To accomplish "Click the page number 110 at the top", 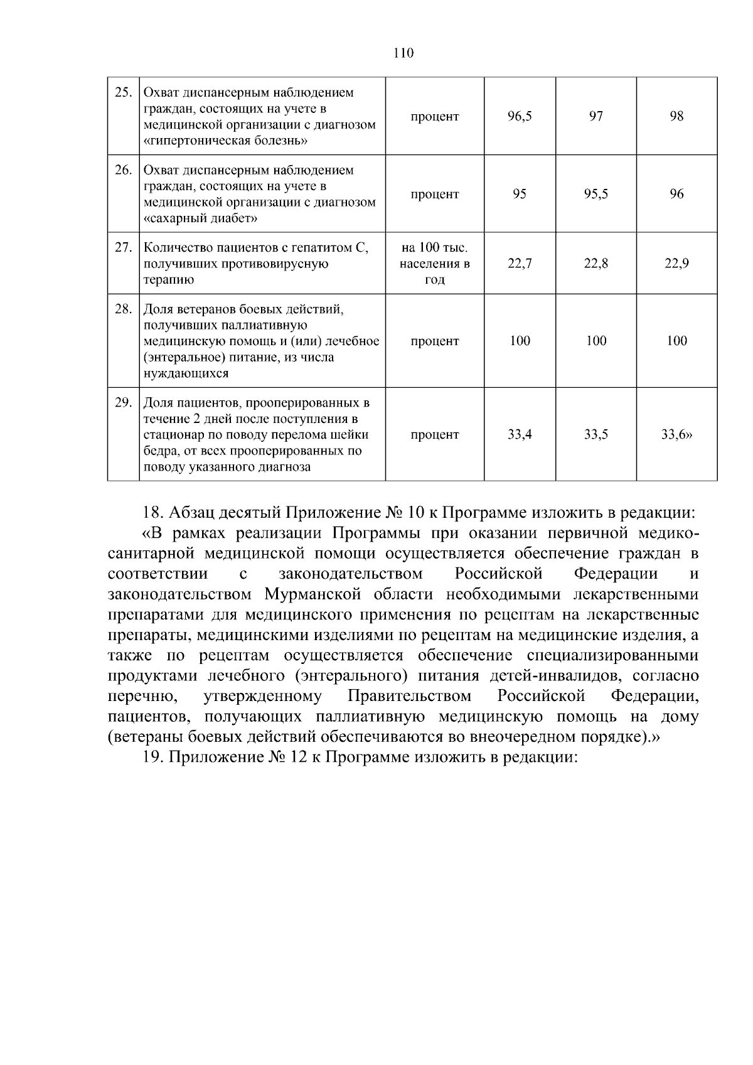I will pos(403,53).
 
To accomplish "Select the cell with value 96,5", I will pos(520,117).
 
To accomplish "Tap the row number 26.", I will pos(123,170).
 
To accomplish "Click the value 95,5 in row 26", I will pos(595,195).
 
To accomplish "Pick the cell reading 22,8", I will pos(595,264).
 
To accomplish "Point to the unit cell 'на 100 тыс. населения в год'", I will pos(434,264).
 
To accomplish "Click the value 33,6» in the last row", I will pos(676,434).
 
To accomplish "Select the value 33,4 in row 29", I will pos(520,434).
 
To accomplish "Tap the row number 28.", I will pos(123,309).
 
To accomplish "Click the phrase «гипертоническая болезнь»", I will pos(226,141).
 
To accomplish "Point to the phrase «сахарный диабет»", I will pos(201,218).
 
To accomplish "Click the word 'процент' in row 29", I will pos(434,434).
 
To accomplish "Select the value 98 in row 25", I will pos(676,117).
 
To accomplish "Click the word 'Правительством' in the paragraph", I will pos(409,696).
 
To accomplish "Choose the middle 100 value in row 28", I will pos(595,341).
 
